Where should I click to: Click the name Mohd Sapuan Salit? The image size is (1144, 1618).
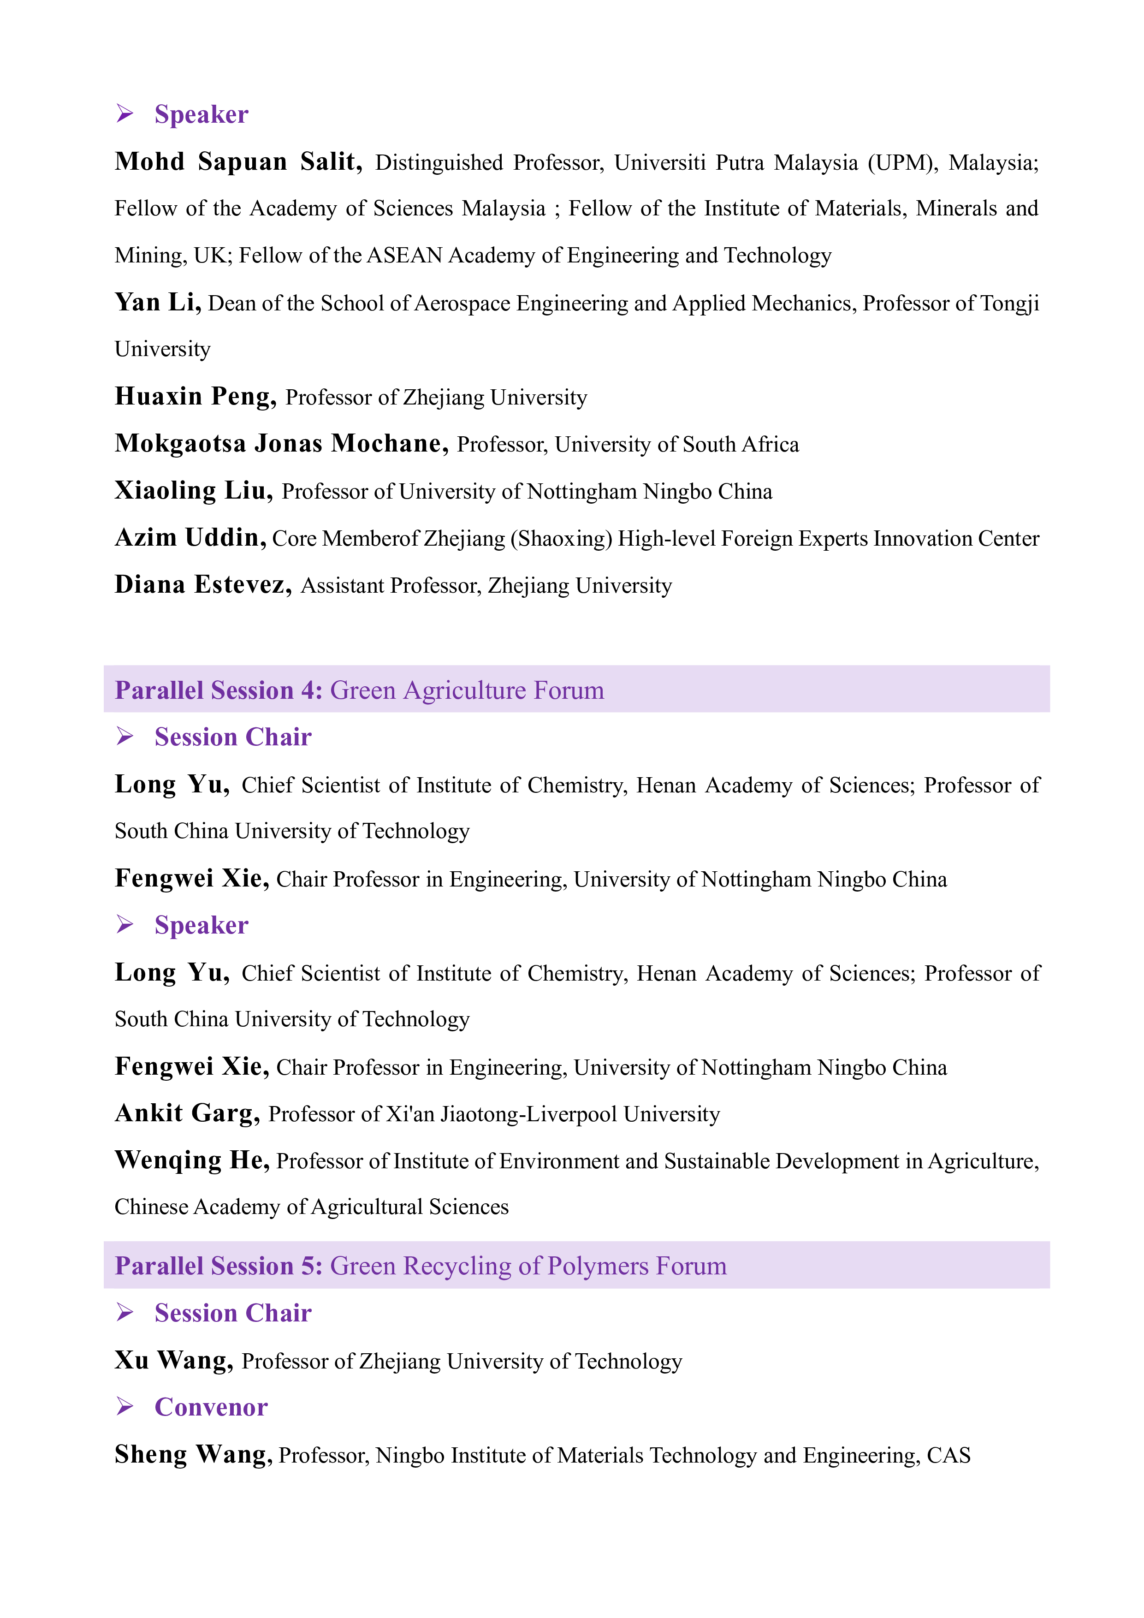tap(237, 162)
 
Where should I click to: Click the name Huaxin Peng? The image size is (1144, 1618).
tap(195, 397)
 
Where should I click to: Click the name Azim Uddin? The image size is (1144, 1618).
tap(190, 538)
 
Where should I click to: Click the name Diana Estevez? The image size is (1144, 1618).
tap(203, 585)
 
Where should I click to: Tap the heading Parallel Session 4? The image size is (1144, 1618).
tap(219, 690)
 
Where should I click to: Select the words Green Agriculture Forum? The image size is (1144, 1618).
tap(467, 690)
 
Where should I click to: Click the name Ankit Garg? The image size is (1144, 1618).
tap(187, 1113)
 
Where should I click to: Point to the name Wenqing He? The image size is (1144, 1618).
tap(192, 1160)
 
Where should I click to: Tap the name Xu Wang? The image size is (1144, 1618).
tap(173, 1361)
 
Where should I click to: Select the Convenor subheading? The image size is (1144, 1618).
tap(211, 1407)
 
